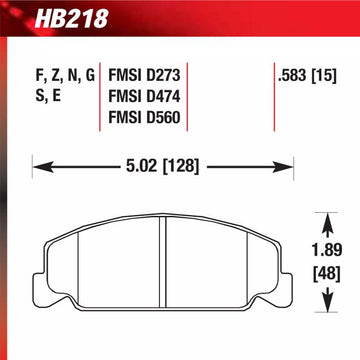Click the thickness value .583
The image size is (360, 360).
pos(291,74)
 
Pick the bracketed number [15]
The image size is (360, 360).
pos(325,74)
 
